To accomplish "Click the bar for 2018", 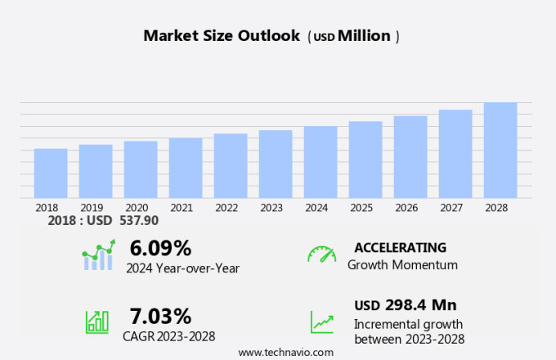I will coord(51,173).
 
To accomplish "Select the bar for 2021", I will coord(186,168).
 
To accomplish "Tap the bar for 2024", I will coord(321,162).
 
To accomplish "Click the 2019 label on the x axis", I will coord(92,208).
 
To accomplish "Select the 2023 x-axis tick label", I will coord(271,208).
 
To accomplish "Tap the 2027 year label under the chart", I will coord(455,208).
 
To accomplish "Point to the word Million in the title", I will coord(364,36).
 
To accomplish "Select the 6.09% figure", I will coord(160,248).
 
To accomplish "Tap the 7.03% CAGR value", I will coord(160,316).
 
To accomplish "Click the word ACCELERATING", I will coord(400,247).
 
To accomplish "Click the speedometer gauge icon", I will coord(321,254).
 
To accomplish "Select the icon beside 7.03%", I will coord(97,321).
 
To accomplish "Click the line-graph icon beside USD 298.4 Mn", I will coord(321,321).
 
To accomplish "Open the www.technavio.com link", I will coord(285,352).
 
